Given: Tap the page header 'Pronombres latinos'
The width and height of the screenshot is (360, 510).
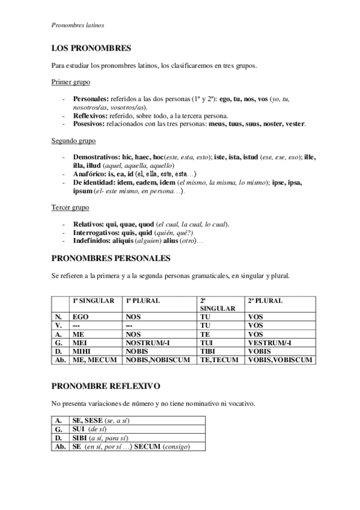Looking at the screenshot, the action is [x=78, y=25].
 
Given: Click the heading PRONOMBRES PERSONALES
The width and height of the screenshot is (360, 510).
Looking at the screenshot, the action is [x=112, y=258].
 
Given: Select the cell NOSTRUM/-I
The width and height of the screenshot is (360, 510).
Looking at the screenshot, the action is [x=150, y=343].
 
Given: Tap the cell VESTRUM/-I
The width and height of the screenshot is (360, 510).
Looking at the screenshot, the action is [x=269, y=343].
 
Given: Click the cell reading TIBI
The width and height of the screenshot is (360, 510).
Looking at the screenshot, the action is [x=209, y=351].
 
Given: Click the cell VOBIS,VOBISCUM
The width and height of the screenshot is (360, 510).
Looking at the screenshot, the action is [x=279, y=360].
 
